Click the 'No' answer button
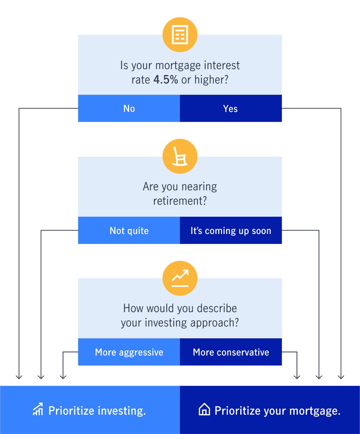pyautogui.click(x=129, y=108)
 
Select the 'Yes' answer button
pyautogui.click(x=231, y=108)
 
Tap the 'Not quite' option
pyautogui.click(x=129, y=231)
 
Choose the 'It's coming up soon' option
pyautogui.click(x=231, y=231)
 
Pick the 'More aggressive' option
pyautogui.click(x=129, y=352)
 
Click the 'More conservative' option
pyautogui.click(x=231, y=352)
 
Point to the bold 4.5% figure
pyautogui.click(x=166, y=80)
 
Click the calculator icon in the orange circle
pyautogui.click(x=180, y=35)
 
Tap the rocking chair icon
pyautogui.click(x=180, y=156)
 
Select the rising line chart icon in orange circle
pyautogui.click(x=180, y=278)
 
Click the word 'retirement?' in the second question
pyautogui.click(x=180, y=201)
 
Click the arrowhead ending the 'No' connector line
pyautogui.click(x=19, y=377)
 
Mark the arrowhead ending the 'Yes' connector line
pyautogui.click(x=341, y=377)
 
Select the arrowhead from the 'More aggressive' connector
pyautogui.click(x=63, y=377)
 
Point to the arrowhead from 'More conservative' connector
pyautogui.click(x=297, y=377)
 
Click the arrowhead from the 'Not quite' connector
pyautogui.click(x=41, y=377)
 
